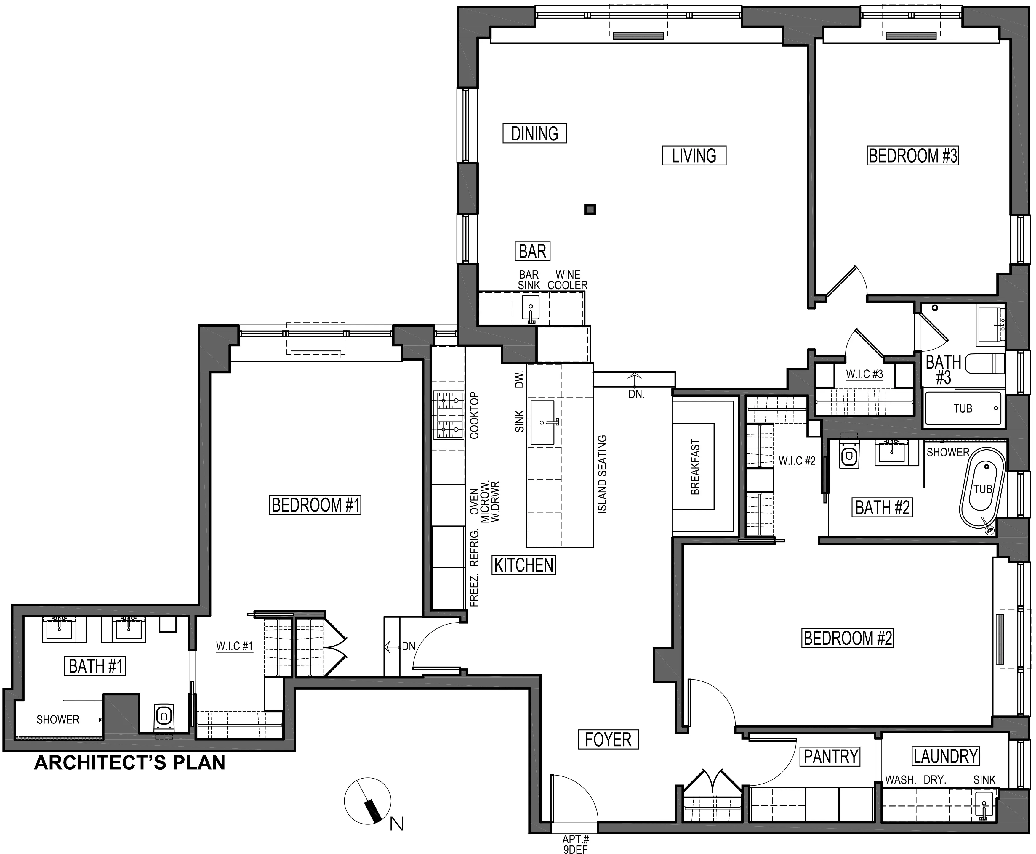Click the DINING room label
[534, 133]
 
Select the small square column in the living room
[590, 210]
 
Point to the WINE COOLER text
[568, 280]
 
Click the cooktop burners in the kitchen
[449, 415]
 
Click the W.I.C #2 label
[797, 461]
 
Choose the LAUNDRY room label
[945, 757]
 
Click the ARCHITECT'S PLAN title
[129, 763]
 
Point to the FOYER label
[608, 740]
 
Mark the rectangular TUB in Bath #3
[963, 408]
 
